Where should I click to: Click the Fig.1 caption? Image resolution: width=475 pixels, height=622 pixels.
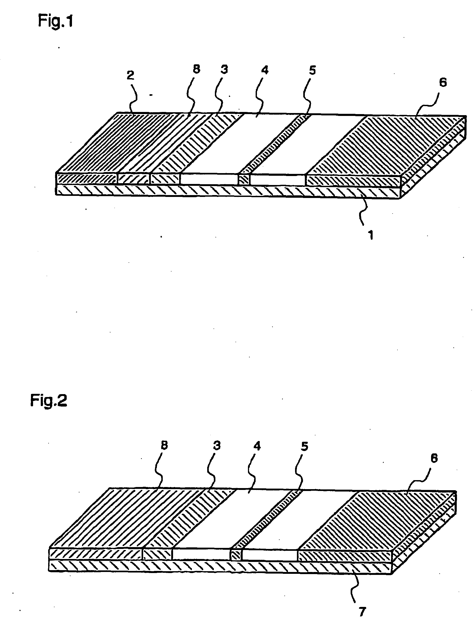[x=55, y=21]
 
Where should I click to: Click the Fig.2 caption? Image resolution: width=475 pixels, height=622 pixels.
[x=49, y=401]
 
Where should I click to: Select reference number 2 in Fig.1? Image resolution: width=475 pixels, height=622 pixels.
[x=130, y=75]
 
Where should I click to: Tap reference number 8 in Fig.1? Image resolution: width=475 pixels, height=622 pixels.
[x=196, y=69]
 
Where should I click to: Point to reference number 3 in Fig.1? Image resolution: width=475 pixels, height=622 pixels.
[x=224, y=69]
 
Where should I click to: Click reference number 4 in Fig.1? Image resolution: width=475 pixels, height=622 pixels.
[x=265, y=70]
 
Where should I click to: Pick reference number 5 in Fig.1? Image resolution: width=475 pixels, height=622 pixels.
[x=312, y=70]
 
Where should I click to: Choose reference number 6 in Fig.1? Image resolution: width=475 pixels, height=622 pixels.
[x=443, y=82]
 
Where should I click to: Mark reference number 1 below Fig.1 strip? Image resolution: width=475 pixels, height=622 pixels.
[x=371, y=235]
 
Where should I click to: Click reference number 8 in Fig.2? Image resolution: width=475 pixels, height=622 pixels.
[x=164, y=445]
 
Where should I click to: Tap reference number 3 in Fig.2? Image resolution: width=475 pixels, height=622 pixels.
[x=216, y=445]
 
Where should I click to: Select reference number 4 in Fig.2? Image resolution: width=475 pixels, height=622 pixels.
[x=257, y=446]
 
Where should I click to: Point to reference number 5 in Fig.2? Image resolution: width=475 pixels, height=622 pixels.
[x=304, y=447]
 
